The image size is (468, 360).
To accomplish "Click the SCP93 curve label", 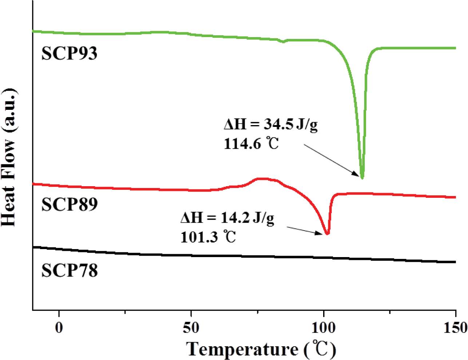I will [69, 53].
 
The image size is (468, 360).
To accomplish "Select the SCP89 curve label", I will [69, 204].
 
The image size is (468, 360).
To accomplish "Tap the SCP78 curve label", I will [69, 271].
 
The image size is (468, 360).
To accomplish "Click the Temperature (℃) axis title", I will [261, 349].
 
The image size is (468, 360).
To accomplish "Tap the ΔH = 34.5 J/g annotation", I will [271, 125].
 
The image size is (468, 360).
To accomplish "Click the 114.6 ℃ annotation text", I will [251, 144].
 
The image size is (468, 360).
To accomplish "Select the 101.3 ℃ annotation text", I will [208, 237].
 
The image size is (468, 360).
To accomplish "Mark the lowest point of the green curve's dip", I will [362, 177].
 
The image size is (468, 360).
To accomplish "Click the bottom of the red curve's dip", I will [327, 234].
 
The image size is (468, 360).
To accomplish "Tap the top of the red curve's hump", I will [262, 179].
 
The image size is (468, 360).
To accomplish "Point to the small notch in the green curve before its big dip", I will [283, 42].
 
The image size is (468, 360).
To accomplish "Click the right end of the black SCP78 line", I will [455, 262].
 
